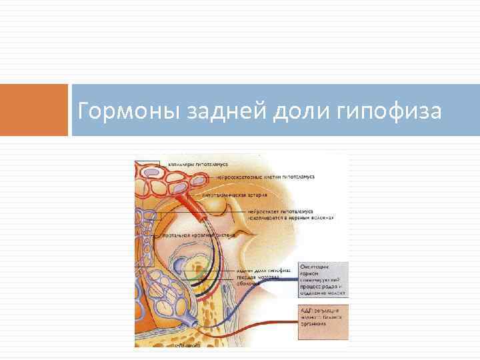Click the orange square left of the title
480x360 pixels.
[x=34, y=110]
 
